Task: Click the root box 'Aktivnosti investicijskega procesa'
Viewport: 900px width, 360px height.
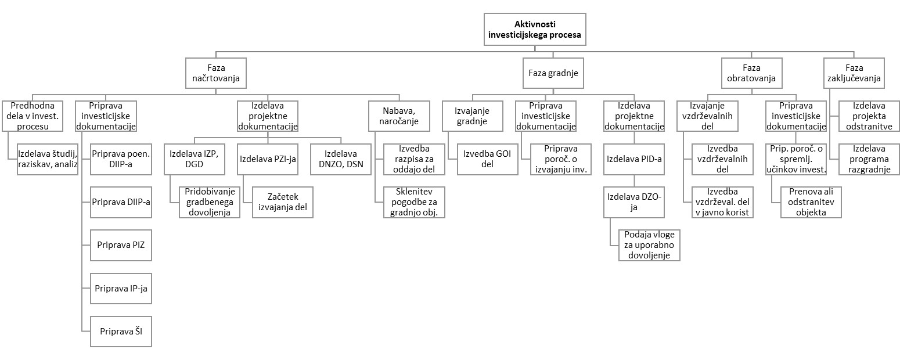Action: click(x=535, y=30)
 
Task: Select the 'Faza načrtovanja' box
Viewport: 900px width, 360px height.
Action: click(x=216, y=73)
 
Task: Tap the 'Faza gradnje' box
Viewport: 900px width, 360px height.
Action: click(x=553, y=73)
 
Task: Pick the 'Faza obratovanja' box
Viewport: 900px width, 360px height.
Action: click(x=752, y=73)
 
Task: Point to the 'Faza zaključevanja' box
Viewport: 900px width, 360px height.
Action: click(x=854, y=73)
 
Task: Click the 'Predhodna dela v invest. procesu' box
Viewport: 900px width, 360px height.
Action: click(x=33, y=116)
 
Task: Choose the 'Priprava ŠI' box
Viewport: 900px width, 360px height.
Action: click(x=121, y=332)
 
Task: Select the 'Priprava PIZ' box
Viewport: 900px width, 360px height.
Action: click(x=121, y=245)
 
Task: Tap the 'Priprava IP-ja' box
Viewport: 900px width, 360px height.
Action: click(x=121, y=289)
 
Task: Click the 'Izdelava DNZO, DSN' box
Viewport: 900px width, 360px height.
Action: click(x=341, y=159)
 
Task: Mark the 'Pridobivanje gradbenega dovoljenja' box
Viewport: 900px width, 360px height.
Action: click(x=210, y=202)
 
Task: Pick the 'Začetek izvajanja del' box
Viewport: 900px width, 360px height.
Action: click(x=283, y=202)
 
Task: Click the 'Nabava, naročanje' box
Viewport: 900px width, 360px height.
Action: click(x=399, y=116)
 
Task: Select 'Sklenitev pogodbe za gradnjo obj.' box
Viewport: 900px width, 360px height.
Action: click(x=414, y=202)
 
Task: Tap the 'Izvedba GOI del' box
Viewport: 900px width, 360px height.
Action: click(x=487, y=159)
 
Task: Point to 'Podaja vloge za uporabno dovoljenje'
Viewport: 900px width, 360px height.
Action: click(x=649, y=245)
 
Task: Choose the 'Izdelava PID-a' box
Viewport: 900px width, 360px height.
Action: click(x=634, y=159)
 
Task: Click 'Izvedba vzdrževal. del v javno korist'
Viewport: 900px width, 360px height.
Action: click(x=722, y=202)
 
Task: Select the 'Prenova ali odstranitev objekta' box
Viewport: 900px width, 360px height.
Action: click(x=811, y=202)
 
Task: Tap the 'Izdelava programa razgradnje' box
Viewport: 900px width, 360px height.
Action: click(x=869, y=159)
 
